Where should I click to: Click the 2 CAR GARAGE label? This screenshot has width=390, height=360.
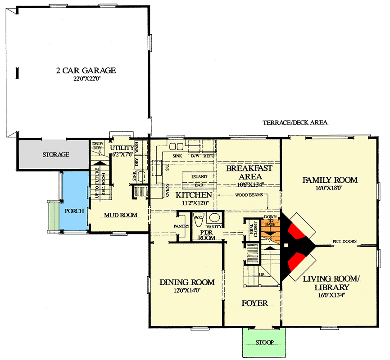coord(86,70)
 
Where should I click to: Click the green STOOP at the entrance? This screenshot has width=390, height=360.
coord(264,342)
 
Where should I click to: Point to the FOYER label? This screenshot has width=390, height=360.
coord(254,303)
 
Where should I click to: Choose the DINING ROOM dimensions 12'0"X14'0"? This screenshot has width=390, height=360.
coord(186,291)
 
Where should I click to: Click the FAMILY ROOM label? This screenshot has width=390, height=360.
coord(330,180)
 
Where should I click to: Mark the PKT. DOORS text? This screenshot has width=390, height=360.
coord(345,242)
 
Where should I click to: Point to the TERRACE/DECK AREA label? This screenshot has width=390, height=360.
coord(295,122)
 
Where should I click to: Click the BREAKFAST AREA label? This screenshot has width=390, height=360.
coord(249,172)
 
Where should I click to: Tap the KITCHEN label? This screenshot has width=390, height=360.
coord(194,195)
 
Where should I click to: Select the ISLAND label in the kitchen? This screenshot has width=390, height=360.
coord(199,177)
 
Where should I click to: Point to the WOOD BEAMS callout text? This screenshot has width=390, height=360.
coord(249,195)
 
